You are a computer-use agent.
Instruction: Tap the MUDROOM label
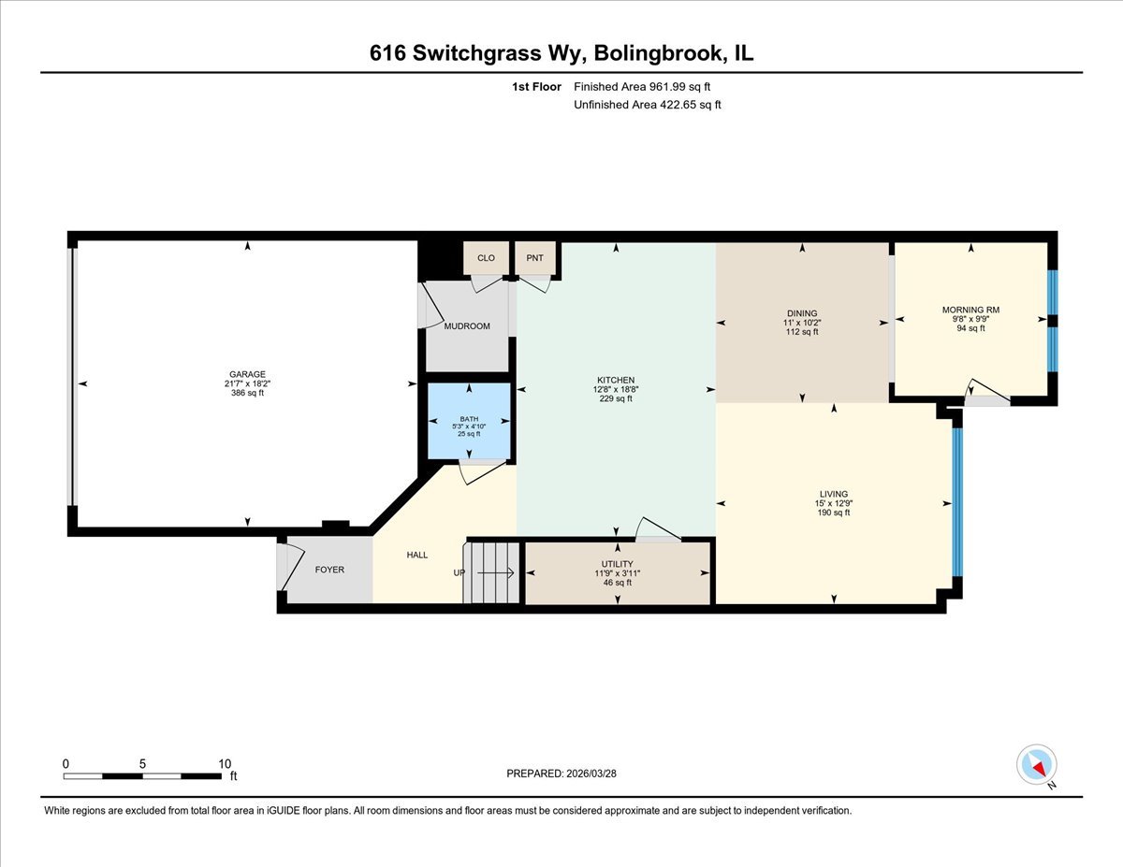point(467,326)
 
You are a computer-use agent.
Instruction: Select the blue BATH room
point(469,421)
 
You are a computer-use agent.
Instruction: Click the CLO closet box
point(486,258)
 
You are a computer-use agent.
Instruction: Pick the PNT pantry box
point(534,258)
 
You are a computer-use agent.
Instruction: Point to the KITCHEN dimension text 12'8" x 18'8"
point(617,389)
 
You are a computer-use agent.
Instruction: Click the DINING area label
point(802,313)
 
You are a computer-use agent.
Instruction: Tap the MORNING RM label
point(970,310)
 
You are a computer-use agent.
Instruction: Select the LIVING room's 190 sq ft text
point(833,513)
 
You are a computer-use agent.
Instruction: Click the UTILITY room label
point(618,564)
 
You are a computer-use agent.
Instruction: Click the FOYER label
point(329,570)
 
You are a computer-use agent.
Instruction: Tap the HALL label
point(416,555)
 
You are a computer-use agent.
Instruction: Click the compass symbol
point(1037,765)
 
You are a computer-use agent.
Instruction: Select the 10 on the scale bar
point(224,763)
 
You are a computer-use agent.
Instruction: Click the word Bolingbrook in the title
point(660,54)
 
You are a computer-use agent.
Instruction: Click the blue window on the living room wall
point(956,501)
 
